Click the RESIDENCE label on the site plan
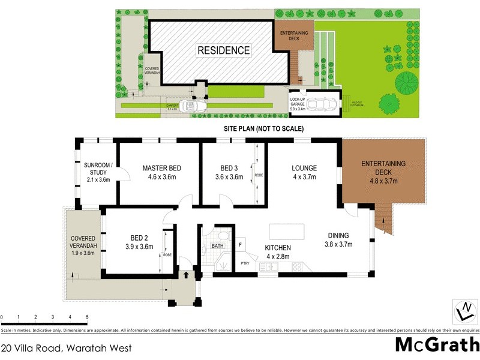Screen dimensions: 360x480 (224, 50)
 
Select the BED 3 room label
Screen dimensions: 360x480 (229, 172)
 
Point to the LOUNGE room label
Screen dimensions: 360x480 (304, 172)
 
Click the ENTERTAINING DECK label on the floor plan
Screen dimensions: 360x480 (383, 172)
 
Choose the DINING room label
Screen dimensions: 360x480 (337, 239)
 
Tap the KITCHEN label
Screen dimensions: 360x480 (278, 252)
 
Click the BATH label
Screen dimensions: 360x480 (217, 246)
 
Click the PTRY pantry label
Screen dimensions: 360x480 (245, 263)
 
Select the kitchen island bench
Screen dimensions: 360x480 (285, 230)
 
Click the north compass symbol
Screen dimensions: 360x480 (463, 310)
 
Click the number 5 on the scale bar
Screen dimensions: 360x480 (87, 317)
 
